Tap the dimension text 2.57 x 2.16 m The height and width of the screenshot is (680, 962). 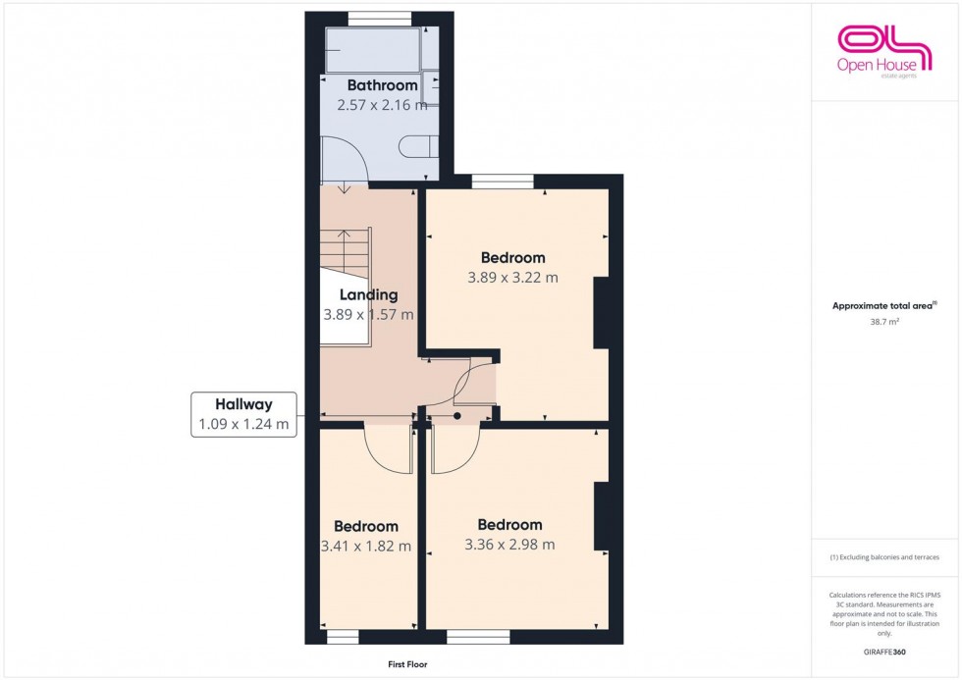pos(375,105)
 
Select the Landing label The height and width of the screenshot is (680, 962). pos(368,294)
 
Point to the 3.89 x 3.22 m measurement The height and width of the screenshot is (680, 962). pos(513,278)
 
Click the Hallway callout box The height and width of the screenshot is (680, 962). pos(243,414)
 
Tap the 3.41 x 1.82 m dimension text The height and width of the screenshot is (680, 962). pos(366,547)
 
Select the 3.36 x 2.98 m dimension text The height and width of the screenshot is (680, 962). pos(509,545)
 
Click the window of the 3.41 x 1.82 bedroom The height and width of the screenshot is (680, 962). pos(343,638)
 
